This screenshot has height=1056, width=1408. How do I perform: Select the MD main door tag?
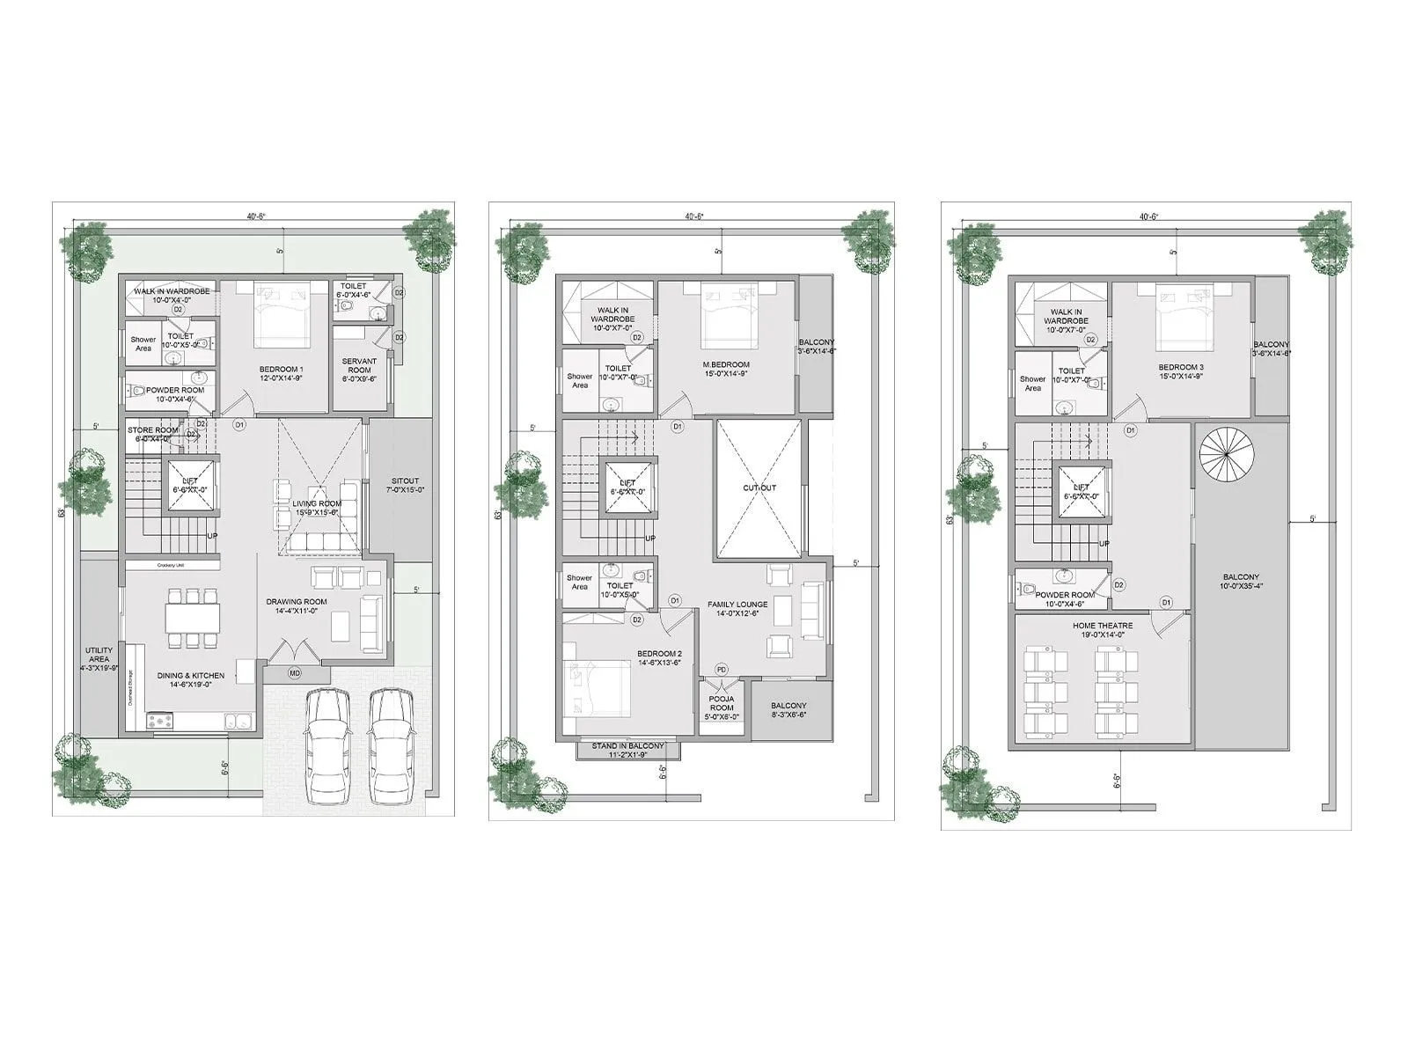pos(295,673)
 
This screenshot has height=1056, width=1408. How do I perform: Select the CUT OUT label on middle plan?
pos(759,488)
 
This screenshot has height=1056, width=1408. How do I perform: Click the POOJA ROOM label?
pos(722,708)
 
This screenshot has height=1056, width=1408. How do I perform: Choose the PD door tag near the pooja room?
pos(722,670)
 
